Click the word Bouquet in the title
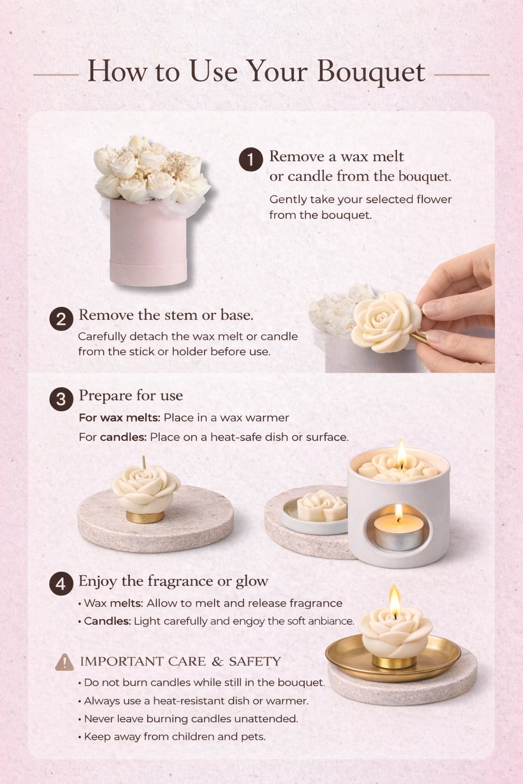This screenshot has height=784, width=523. (x=371, y=72)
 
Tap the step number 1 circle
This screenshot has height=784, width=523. (x=251, y=159)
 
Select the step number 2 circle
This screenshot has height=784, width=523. (x=61, y=319)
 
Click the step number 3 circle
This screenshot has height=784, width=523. (x=61, y=399)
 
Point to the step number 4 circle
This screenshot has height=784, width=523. (x=61, y=584)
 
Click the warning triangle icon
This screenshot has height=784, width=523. (x=64, y=662)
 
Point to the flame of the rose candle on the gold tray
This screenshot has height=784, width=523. (x=395, y=599)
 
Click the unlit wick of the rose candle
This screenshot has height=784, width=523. (x=144, y=462)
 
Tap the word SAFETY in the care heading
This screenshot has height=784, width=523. (x=255, y=661)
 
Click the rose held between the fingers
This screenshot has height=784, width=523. (x=385, y=321)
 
